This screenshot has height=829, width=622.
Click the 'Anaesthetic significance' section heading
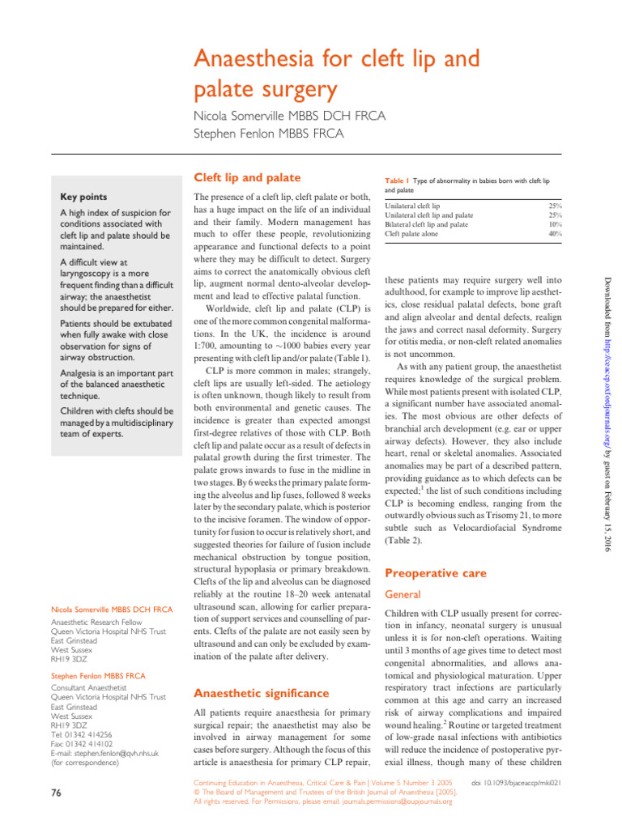click(x=261, y=693)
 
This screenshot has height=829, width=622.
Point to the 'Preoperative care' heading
click(x=435, y=573)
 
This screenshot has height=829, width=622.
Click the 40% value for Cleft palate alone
click(x=555, y=233)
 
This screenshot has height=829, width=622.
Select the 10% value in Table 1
click(x=556, y=224)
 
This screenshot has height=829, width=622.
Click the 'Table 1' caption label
click(x=397, y=180)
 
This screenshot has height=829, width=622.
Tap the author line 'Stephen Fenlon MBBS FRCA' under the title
click(x=268, y=133)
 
